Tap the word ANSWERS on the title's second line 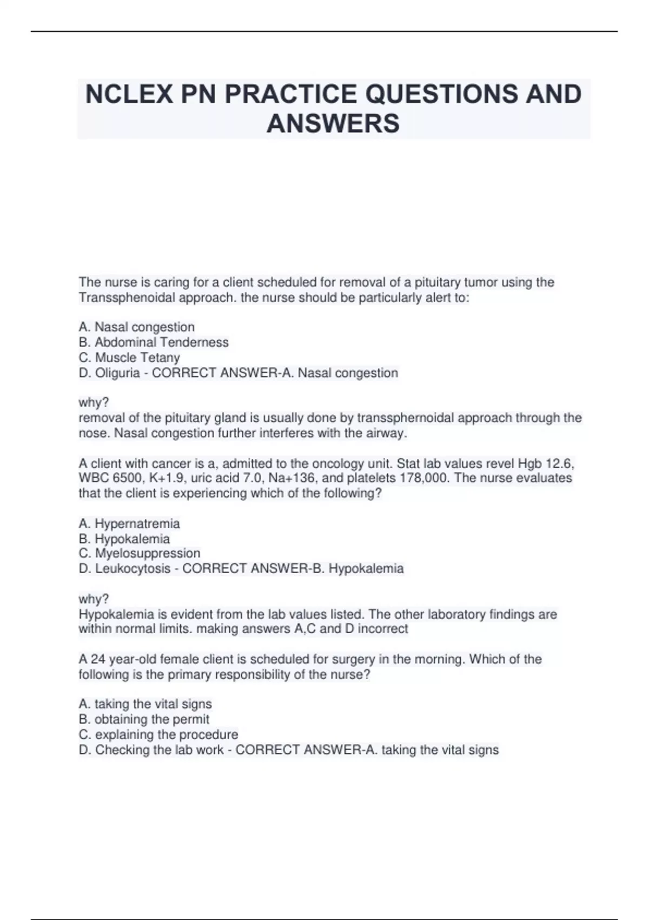click(x=333, y=123)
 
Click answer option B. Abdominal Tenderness click(x=154, y=343)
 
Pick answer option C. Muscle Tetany click(x=129, y=358)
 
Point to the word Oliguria click(x=117, y=373)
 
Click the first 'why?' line click(x=94, y=403)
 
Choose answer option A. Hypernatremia click(x=129, y=524)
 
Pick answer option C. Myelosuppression click(x=140, y=554)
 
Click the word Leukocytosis click(x=133, y=569)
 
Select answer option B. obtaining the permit click(x=144, y=720)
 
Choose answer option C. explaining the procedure click(x=158, y=735)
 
